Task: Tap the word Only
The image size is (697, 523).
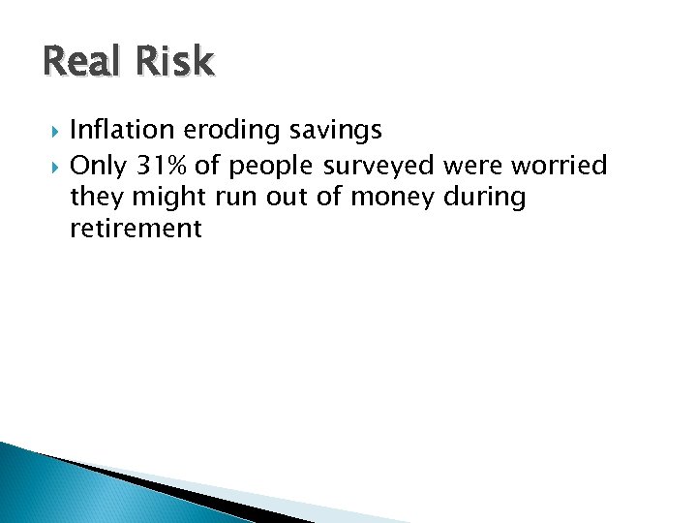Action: coord(99,167)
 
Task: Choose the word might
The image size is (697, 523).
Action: coord(164,199)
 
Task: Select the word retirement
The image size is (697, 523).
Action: coord(136,230)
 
